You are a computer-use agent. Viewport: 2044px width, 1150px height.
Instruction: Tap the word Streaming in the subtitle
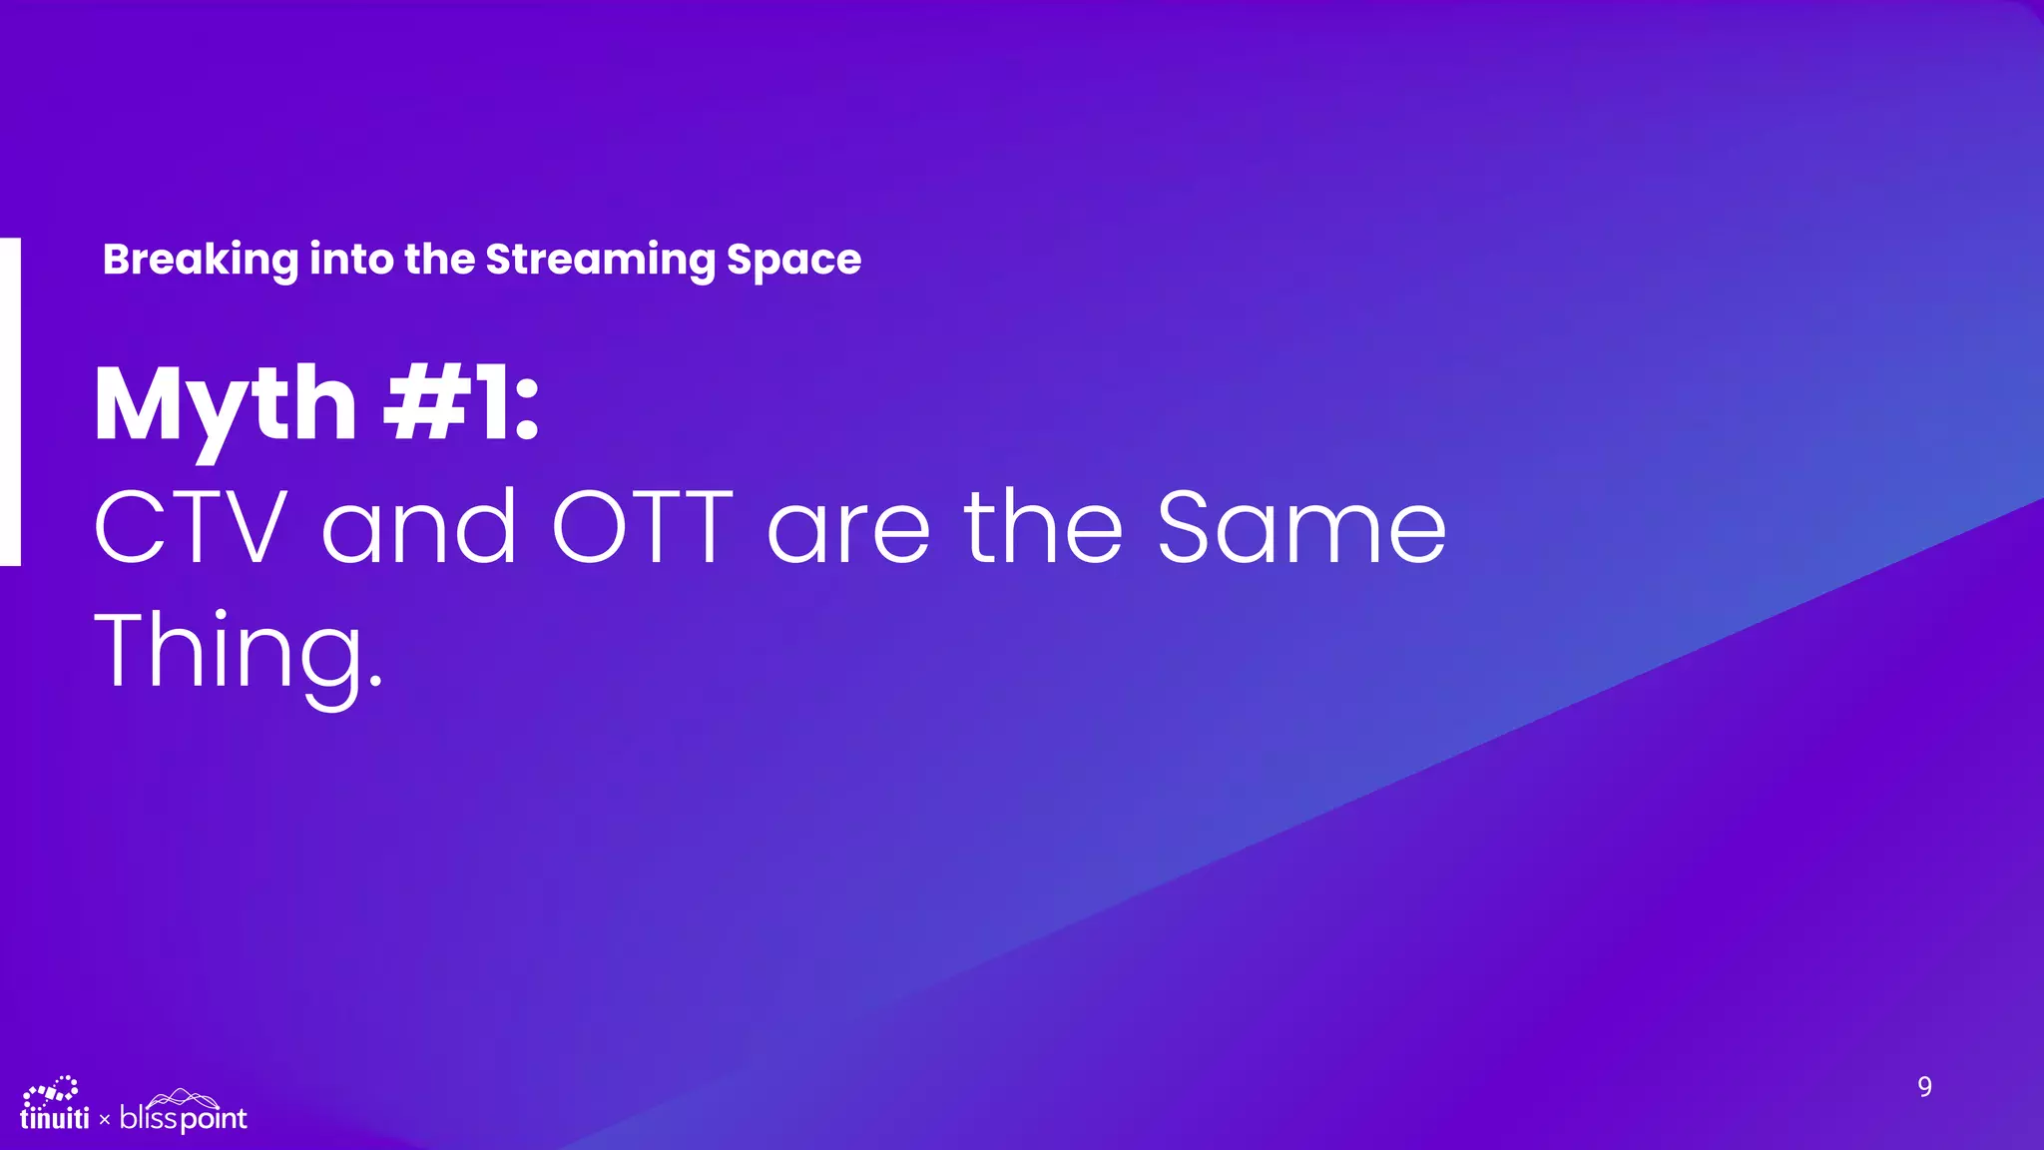click(599, 261)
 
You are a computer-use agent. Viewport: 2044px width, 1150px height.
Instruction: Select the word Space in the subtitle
click(793, 261)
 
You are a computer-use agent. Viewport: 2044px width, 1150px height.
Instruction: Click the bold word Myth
click(226, 405)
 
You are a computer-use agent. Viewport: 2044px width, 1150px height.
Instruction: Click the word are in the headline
click(848, 530)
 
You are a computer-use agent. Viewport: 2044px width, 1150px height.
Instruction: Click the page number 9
click(1924, 1086)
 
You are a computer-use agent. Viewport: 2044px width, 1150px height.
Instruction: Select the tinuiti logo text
click(54, 1118)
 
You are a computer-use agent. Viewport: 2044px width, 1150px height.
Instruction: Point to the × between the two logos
click(105, 1121)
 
